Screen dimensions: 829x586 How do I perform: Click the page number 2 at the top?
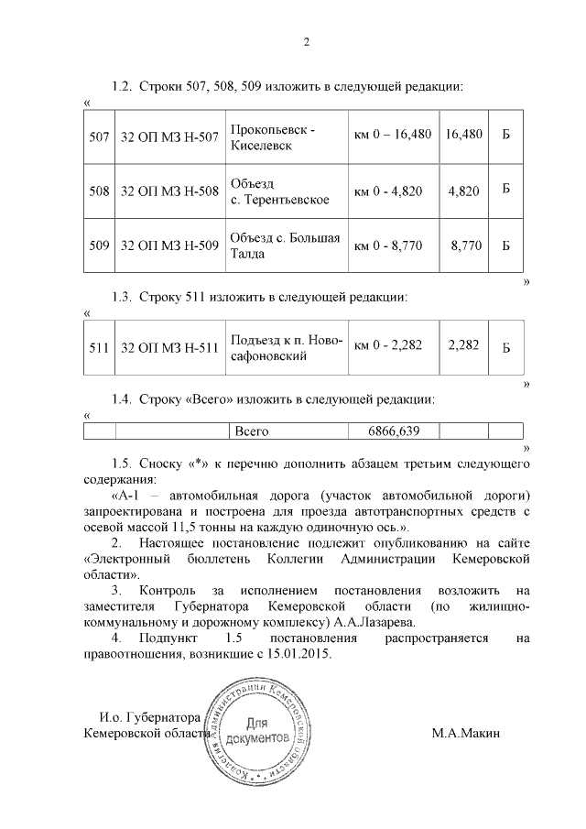(x=307, y=41)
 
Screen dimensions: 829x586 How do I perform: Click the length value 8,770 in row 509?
(x=466, y=245)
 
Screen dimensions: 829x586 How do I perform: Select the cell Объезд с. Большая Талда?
(x=285, y=245)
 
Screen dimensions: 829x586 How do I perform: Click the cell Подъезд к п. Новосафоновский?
(x=287, y=347)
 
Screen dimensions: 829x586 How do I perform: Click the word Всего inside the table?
(x=252, y=431)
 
